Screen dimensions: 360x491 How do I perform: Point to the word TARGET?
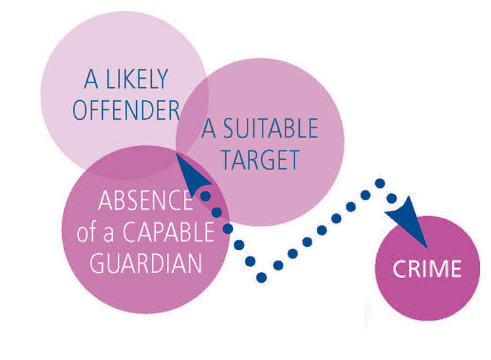[260, 160]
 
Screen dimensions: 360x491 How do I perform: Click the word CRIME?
[427, 269]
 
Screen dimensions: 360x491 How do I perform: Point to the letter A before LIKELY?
[92, 80]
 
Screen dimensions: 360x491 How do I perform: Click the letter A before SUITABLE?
[209, 129]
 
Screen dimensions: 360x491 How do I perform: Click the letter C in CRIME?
[398, 269]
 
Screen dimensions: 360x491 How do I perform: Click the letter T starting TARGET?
[227, 160]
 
